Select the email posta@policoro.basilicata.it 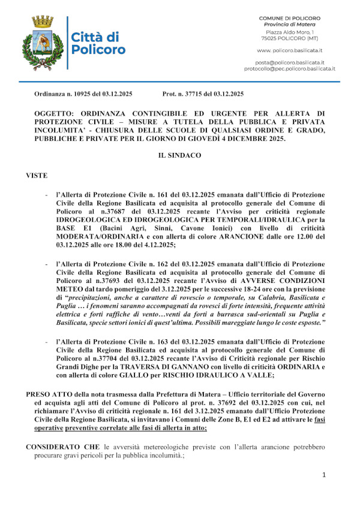(x=290, y=62)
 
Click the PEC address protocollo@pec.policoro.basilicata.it (x=289, y=68)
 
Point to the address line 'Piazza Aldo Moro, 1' (x=290, y=31)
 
